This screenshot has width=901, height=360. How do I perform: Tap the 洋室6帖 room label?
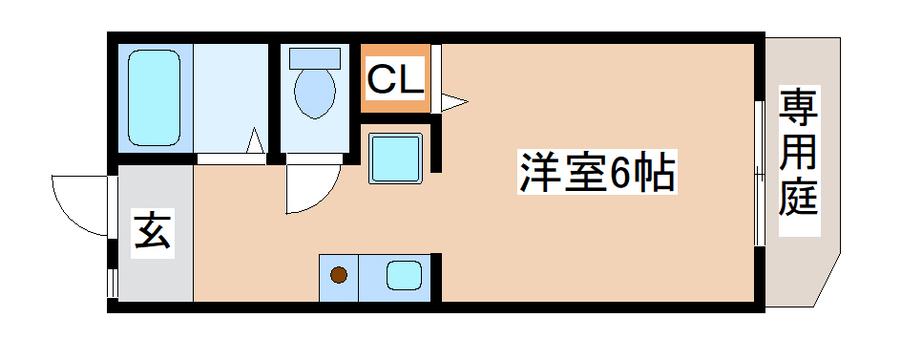[x=597, y=175]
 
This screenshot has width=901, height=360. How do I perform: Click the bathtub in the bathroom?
[x=154, y=98]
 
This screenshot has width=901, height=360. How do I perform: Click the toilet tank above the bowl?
[x=314, y=56]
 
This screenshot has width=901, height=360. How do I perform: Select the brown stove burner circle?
[x=339, y=277]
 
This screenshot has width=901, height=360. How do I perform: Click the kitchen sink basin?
[x=405, y=276]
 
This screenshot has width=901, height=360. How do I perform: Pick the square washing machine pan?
[x=395, y=157]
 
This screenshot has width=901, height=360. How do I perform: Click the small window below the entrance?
[x=113, y=283]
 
